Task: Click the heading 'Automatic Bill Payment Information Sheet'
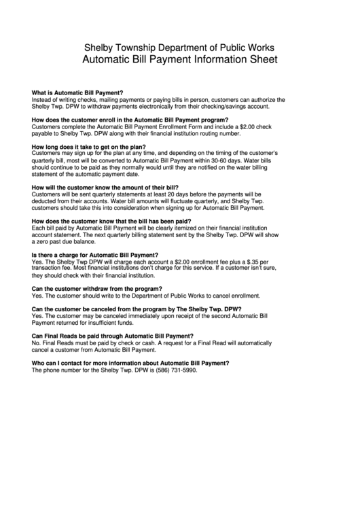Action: (x=179, y=59)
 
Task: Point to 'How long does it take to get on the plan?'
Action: (x=89, y=147)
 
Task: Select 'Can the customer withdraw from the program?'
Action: (x=96, y=289)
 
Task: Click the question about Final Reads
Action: (x=113, y=336)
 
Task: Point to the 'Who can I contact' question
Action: (x=130, y=363)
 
